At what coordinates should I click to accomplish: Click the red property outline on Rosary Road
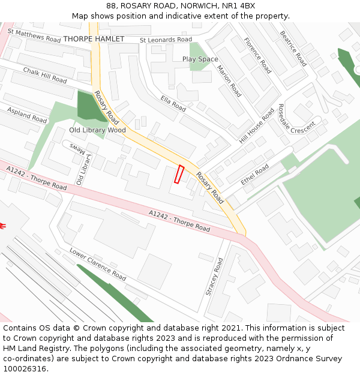[x=179, y=174]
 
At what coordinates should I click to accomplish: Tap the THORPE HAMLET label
[x=94, y=39]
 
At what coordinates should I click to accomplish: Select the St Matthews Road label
[x=35, y=35]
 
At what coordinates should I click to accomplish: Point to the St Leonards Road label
[x=166, y=40]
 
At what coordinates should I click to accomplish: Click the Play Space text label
[x=200, y=59]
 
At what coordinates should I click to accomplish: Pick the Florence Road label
[x=257, y=55]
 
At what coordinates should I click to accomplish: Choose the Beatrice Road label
[x=293, y=48]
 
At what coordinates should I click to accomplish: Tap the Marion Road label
[x=229, y=81]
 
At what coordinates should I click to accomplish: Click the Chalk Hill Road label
[x=45, y=75]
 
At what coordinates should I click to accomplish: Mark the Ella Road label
[x=173, y=103]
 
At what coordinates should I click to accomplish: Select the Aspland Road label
[x=27, y=115]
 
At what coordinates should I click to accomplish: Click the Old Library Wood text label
[x=97, y=130]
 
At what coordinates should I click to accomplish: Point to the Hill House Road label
[x=256, y=126]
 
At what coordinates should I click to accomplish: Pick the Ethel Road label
[x=255, y=175]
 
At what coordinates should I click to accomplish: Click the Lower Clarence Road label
[x=97, y=264]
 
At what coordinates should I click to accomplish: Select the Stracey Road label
[x=214, y=277]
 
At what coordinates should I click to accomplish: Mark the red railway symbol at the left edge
[x=3, y=226]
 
